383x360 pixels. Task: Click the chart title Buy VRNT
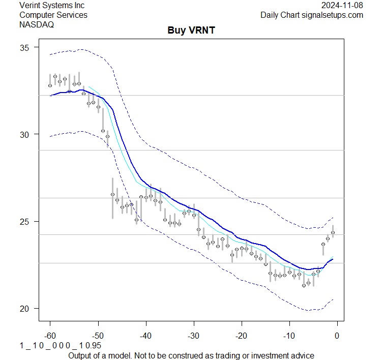pos(191,31)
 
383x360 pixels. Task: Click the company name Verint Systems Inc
pos(52,6)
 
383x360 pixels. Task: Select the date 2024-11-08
pos(342,6)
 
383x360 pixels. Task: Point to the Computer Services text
pos(53,15)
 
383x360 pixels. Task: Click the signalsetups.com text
pos(336,15)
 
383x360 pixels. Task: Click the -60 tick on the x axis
pos(50,335)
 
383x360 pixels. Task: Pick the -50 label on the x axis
pos(98,335)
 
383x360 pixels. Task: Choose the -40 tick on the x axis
pos(145,335)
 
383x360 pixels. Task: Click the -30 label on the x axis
pos(193,335)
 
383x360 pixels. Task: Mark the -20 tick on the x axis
pos(241,335)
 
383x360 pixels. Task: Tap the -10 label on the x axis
pos(289,335)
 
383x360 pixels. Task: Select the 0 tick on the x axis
pos(337,335)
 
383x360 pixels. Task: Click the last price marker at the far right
pos(333,232)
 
